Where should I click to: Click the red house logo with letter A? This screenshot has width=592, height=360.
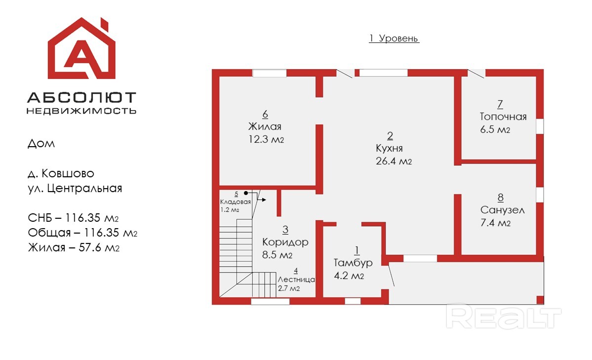[81, 48]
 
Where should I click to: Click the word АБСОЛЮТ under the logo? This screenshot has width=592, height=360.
[81, 97]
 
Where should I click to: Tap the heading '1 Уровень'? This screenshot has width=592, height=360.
[394, 38]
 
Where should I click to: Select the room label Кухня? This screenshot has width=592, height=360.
[389, 148]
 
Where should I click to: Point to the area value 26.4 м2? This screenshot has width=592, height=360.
[394, 161]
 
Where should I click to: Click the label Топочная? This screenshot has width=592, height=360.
[503, 117]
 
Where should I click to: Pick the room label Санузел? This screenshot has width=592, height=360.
[503, 210]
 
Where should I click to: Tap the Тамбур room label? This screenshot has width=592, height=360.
[353, 263]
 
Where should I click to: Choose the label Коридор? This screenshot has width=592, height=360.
[285, 242]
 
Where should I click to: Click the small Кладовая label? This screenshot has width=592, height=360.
[236, 201]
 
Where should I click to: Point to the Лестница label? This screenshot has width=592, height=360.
[296, 280]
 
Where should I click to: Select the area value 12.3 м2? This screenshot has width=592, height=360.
[266, 139]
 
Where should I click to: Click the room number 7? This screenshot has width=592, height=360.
[500, 104]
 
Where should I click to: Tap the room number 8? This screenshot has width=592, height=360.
[501, 197]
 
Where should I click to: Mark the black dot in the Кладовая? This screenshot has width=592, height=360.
[246, 193]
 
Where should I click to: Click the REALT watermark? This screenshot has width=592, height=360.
[504, 318]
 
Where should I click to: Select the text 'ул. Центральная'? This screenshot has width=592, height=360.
[75, 188]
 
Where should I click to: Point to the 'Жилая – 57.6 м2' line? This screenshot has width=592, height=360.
[74, 247]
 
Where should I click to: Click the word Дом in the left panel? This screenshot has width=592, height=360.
[41, 144]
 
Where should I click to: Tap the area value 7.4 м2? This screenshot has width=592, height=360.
[495, 223]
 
